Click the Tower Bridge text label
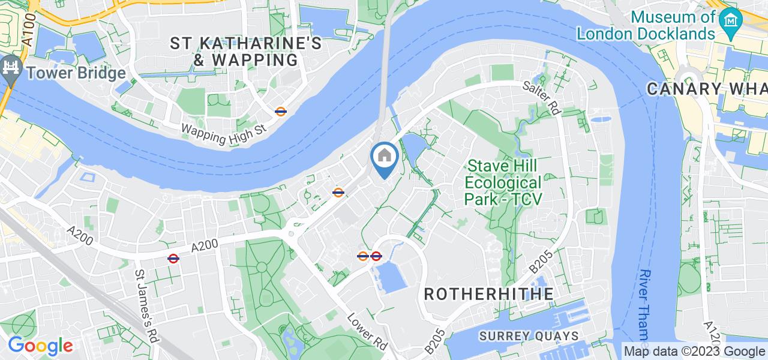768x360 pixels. coord(75,73)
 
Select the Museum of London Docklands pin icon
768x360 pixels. coord(731,20)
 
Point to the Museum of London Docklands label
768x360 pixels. coord(647,25)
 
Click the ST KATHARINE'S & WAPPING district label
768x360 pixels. coord(246,52)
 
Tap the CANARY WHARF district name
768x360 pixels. coord(707,89)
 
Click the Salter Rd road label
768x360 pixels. coord(541,97)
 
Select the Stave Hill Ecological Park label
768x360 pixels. coord(504,182)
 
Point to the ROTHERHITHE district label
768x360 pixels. coord(489,294)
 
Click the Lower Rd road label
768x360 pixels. coord(376,334)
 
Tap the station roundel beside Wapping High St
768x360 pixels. coord(280,111)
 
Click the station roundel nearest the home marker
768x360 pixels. coord(338,193)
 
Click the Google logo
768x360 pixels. coord(40,346)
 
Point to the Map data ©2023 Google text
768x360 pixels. coord(694,352)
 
